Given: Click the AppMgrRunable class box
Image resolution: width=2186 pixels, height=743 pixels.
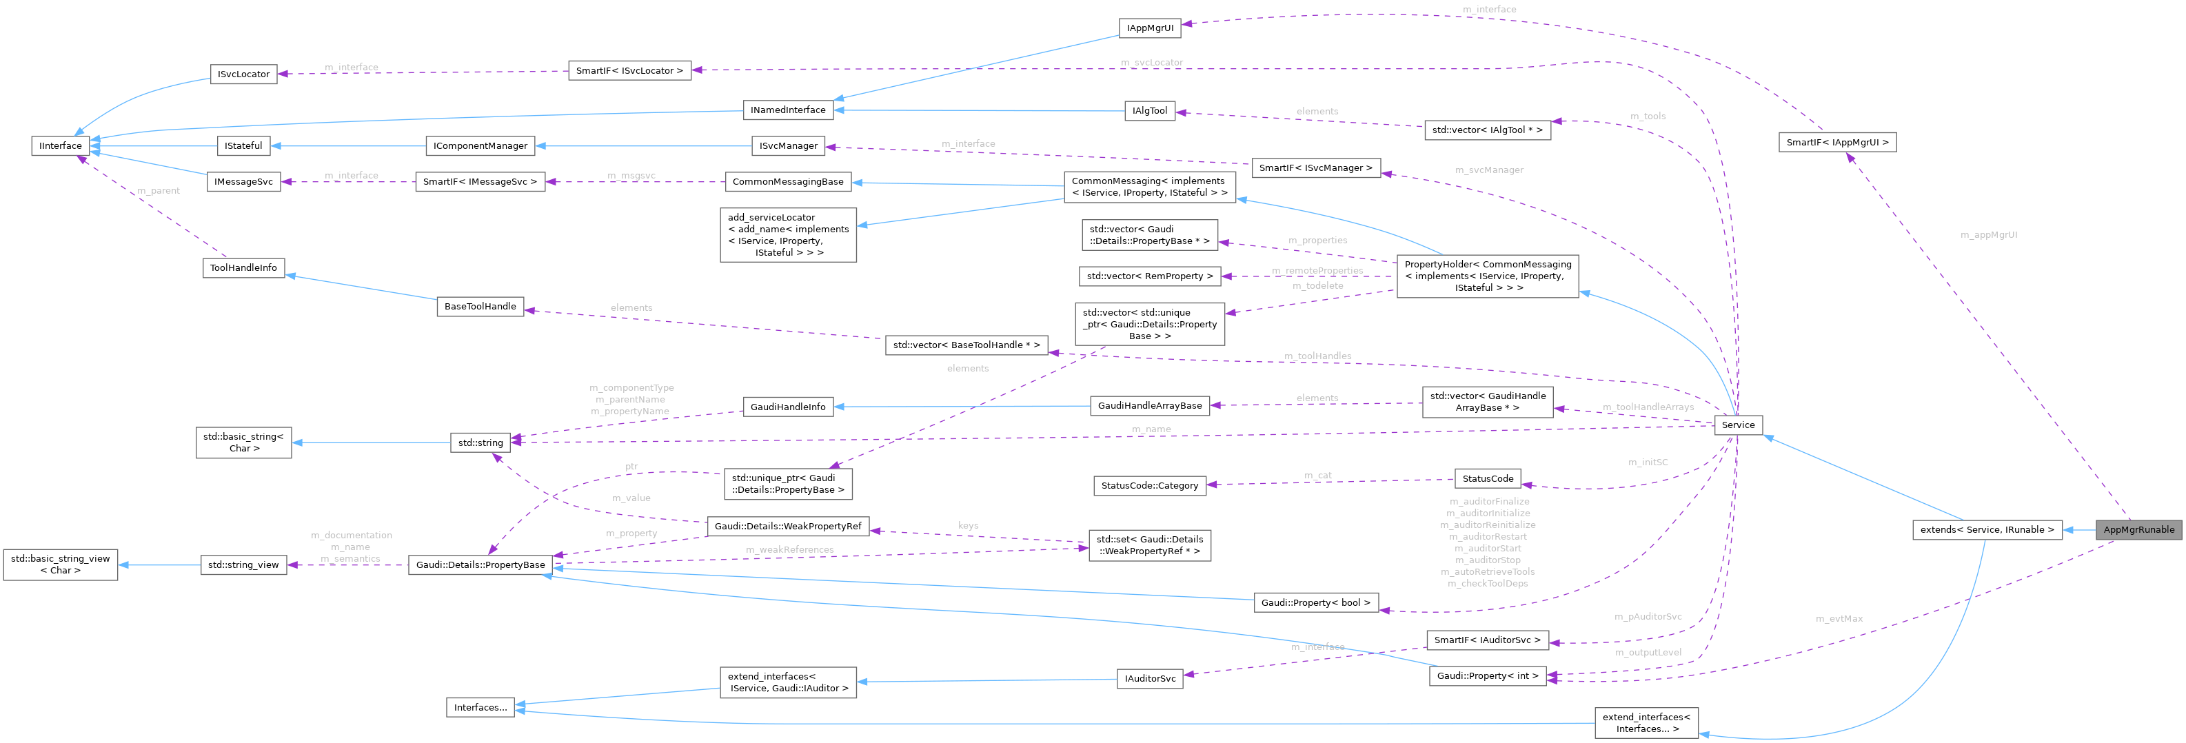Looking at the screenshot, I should pyautogui.click(x=2138, y=530).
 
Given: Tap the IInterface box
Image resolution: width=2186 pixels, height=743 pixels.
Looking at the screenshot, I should pyautogui.click(x=60, y=146).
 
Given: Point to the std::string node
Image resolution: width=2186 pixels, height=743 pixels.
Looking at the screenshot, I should pyautogui.click(x=480, y=442).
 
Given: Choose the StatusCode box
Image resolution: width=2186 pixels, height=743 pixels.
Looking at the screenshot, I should pyautogui.click(x=1488, y=478).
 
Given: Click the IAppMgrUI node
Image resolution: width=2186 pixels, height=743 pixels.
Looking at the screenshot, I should pyautogui.click(x=1150, y=28).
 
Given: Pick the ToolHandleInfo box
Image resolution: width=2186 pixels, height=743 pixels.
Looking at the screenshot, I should pyautogui.click(x=243, y=268).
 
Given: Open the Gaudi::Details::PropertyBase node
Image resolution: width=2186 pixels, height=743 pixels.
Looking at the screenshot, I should pyautogui.click(x=480, y=565).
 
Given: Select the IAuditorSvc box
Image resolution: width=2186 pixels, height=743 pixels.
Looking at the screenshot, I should pyautogui.click(x=1150, y=678).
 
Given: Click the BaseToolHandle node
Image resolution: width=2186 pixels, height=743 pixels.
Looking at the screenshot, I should pyautogui.click(x=480, y=306).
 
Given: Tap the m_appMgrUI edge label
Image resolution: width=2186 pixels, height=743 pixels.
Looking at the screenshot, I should pyautogui.click(x=1988, y=235).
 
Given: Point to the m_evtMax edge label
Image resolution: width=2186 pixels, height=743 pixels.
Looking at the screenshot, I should pyautogui.click(x=1839, y=618).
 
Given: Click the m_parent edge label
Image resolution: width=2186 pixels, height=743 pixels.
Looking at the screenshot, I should pyautogui.click(x=159, y=191).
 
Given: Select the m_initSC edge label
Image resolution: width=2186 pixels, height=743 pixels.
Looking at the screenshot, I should pyautogui.click(x=1647, y=462).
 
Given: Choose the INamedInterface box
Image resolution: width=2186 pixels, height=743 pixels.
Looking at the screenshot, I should pyautogui.click(x=787, y=110).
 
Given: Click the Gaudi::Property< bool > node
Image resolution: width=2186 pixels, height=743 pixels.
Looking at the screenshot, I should pyautogui.click(x=1315, y=603).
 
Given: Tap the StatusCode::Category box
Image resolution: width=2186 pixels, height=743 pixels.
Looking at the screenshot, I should pyautogui.click(x=1149, y=485).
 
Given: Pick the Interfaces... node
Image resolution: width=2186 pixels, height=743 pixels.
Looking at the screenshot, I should pyautogui.click(x=480, y=707).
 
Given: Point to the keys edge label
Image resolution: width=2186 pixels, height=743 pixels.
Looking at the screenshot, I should pyautogui.click(x=969, y=526).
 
